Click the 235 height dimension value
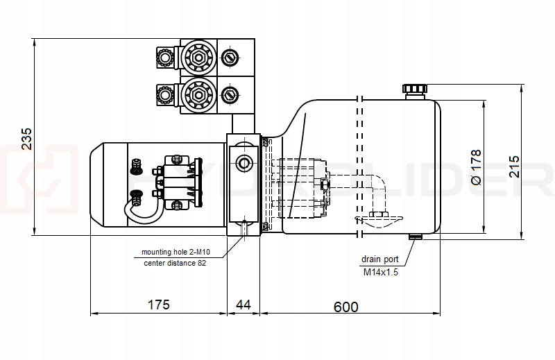click(26, 139)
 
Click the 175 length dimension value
click(159, 306)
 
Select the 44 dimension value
click(244, 306)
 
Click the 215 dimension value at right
click(514, 166)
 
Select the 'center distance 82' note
click(174, 263)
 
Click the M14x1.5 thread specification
click(380, 273)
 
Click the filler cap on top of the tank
click(415, 90)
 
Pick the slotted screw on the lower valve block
click(230, 93)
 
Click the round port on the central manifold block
click(244, 164)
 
